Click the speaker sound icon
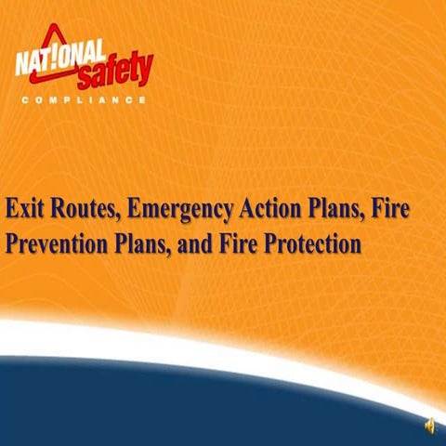click(429, 426)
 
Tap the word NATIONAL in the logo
click(52, 63)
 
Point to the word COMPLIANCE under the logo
click(84, 99)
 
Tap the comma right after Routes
click(120, 215)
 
